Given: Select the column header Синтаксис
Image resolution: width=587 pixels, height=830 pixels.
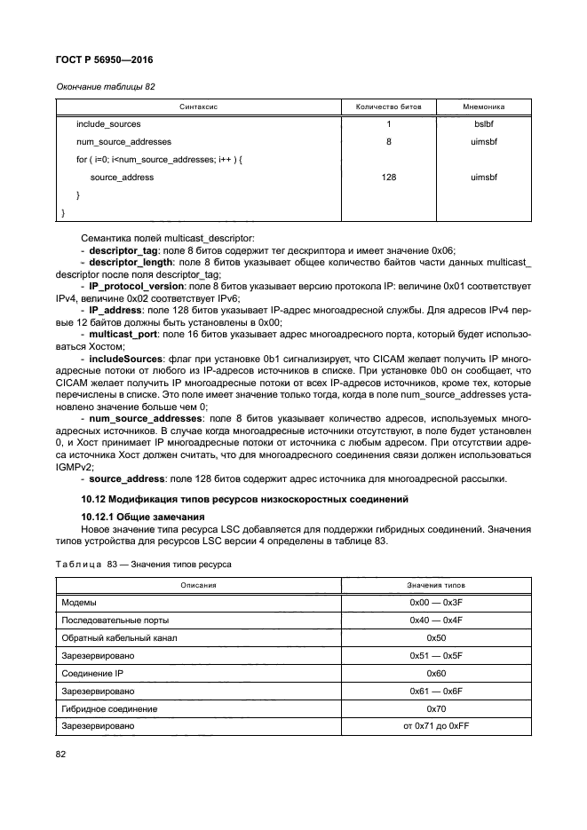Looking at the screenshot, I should (x=199, y=106).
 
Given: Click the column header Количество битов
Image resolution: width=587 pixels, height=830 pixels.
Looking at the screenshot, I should (x=388, y=106).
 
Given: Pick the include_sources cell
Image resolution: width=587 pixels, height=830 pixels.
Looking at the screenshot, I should (x=108, y=123).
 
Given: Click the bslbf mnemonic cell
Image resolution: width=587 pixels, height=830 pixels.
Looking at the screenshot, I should (x=484, y=123).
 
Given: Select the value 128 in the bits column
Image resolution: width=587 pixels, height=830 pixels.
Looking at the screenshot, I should (x=388, y=178).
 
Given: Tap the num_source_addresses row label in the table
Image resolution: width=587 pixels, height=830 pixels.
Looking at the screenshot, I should (x=123, y=141).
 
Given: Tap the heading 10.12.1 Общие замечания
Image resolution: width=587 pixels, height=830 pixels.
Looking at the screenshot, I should (x=142, y=516).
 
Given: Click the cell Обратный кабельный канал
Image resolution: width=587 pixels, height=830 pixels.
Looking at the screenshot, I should (x=119, y=638).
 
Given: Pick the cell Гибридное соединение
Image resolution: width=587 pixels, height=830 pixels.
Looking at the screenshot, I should (x=109, y=708).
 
